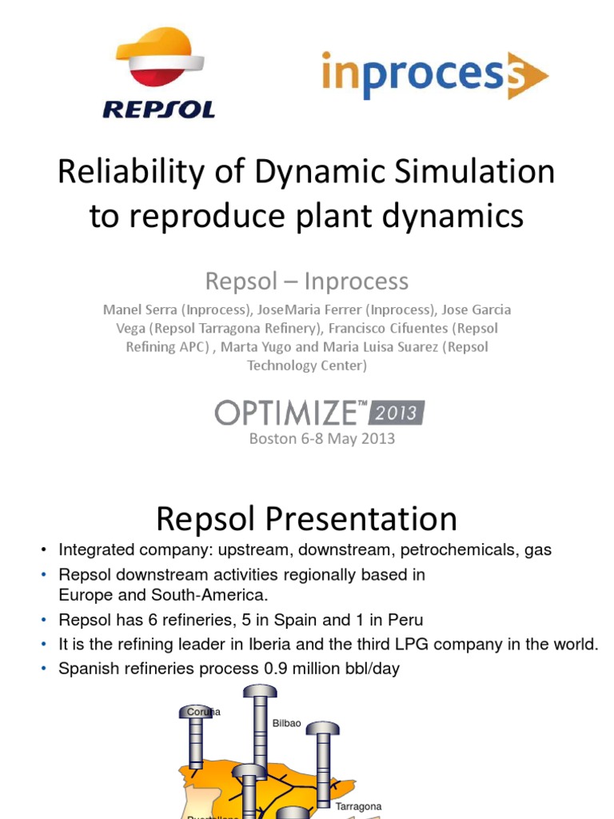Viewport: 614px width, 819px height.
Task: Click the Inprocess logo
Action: coord(434,76)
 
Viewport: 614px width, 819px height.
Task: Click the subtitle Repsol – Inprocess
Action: coord(307,281)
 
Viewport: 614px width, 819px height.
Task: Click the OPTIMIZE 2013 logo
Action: coord(320,412)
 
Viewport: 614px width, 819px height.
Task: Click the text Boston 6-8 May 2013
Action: coord(322,438)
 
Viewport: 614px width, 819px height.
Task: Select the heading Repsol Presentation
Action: coord(307,519)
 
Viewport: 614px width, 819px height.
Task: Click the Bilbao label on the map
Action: coord(287,722)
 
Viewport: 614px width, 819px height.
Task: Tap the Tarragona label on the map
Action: coord(358,806)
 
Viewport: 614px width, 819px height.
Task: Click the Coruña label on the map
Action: coord(203,711)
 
